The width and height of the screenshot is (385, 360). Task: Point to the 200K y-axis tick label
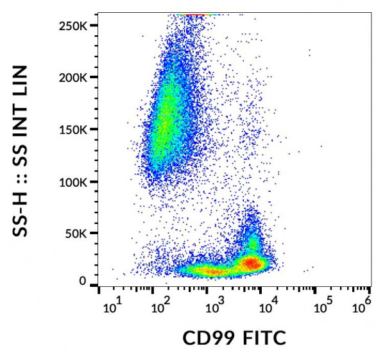tap(76, 78)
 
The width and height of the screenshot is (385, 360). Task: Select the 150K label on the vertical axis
tap(76, 130)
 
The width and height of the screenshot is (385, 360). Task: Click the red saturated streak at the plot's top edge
tap(196, 15)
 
